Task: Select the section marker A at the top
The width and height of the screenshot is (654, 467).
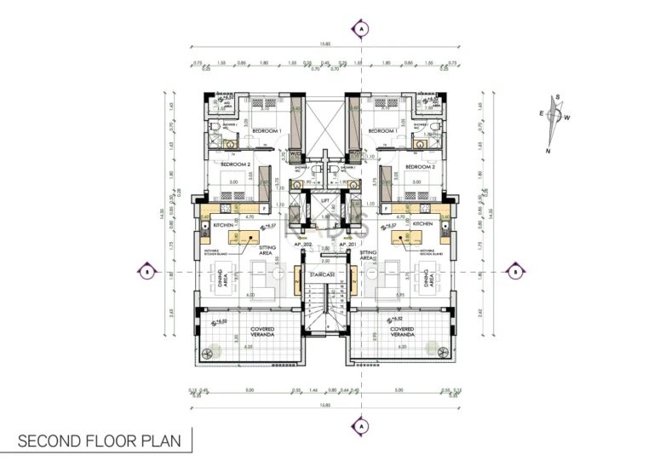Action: (x=363, y=29)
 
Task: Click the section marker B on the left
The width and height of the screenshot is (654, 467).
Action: (x=146, y=272)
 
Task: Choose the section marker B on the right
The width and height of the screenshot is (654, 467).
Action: (x=516, y=272)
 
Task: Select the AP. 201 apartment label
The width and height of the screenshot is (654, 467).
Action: (x=347, y=245)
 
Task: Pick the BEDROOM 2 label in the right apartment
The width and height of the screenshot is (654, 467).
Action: (x=420, y=166)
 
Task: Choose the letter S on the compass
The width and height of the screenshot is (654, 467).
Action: (x=557, y=98)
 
